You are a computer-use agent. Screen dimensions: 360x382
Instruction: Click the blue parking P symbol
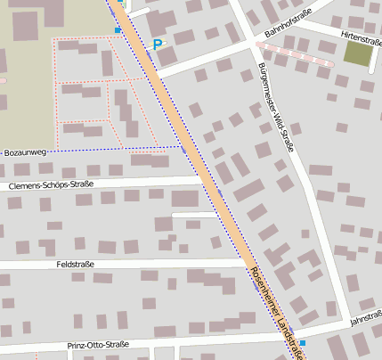(x=158, y=44)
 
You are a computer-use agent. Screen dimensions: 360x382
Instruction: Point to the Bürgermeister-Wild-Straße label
(x=274, y=107)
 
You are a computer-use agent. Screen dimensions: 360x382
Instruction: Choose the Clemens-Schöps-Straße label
(x=50, y=185)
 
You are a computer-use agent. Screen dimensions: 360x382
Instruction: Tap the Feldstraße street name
(x=75, y=265)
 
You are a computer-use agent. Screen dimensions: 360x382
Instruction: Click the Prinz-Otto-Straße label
(x=98, y=345)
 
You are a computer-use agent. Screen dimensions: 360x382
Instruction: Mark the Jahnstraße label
(x=366, y=318)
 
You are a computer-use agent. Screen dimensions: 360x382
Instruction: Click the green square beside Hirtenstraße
(x=358, y=53)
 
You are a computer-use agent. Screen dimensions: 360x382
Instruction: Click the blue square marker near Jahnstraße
(x=303, y=342)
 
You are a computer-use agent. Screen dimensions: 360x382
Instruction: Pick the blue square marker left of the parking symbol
(x=118, y=30)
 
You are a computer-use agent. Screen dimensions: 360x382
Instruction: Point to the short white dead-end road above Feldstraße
(x=194, y=215)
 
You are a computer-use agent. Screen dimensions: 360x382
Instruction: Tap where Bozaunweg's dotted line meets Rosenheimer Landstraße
(x=182, y=145)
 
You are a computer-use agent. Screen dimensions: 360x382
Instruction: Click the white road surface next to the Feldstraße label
(x=134, y=265)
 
